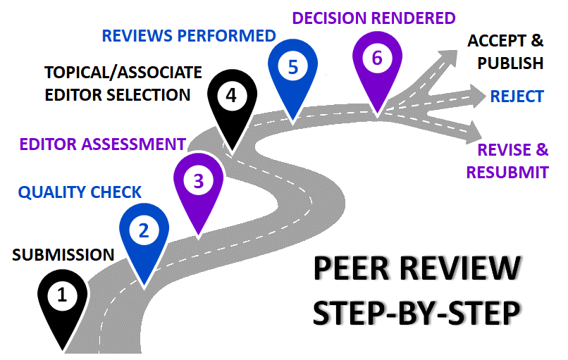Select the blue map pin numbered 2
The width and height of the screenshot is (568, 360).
(x=144, y=232)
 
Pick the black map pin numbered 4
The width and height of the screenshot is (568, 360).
(x=233, y=98)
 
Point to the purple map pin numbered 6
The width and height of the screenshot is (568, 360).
(x=377, y=61)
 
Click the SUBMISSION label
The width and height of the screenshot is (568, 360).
(x=63, y=255)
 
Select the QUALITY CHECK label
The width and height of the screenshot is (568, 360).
(x=80, y=192)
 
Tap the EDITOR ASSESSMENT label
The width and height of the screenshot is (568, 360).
(x=102, y=144)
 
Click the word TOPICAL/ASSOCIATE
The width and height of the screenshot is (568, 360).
(x=123, y=73)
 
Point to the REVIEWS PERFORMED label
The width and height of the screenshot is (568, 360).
(x=188, y=35)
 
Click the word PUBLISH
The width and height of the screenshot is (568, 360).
(x=510, y=63)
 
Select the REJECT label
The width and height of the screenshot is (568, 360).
(x=518, y=96)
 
